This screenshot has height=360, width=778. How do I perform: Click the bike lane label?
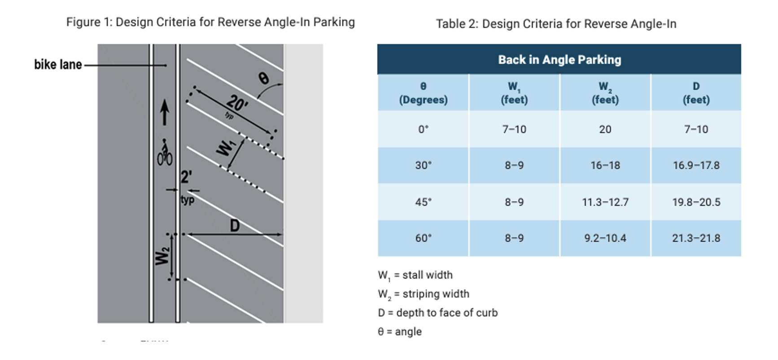(58, 65)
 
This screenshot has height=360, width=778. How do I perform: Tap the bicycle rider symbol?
(165, 153)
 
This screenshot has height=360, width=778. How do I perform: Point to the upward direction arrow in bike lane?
(165, 112)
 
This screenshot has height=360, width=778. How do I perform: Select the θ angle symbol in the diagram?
(263, 79)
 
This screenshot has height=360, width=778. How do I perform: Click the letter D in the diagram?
(234, 225)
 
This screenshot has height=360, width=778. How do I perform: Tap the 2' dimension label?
(186, 177)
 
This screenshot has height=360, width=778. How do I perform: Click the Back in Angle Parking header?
(559, 60)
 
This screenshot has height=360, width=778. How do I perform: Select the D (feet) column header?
(696, 93)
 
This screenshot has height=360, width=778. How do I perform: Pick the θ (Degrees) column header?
(423, 93)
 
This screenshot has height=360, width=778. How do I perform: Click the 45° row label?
(423, 202)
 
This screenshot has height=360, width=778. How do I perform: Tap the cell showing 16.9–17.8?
(696, 166)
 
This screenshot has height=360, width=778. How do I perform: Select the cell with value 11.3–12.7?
(605, 202)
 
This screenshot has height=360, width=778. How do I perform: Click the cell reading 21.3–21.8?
(696, 238)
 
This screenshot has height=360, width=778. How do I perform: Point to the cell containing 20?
(605, 129)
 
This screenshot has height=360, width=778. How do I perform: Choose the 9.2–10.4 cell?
(605, 238)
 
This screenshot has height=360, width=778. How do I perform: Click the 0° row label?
(423, 129)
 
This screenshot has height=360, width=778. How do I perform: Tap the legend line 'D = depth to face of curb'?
(437, 313)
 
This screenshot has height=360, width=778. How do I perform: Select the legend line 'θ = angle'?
(399, 332)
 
